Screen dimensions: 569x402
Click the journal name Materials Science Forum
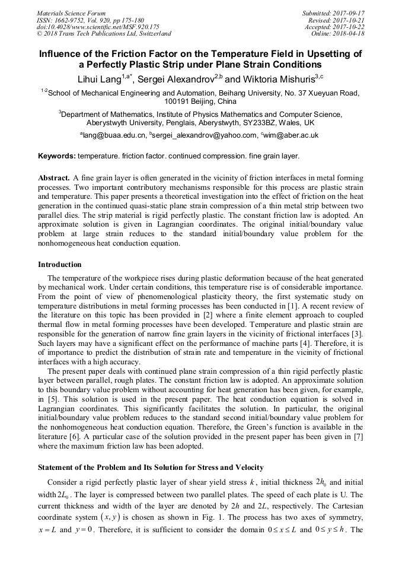coord(71,12)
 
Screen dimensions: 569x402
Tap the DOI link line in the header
coord(98,27)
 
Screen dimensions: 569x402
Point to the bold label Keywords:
coord(56,157)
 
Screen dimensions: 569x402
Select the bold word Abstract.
coord(54,178)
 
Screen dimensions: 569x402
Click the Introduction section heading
coord(60,264)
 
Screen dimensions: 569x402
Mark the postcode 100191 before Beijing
coord(178,101)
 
